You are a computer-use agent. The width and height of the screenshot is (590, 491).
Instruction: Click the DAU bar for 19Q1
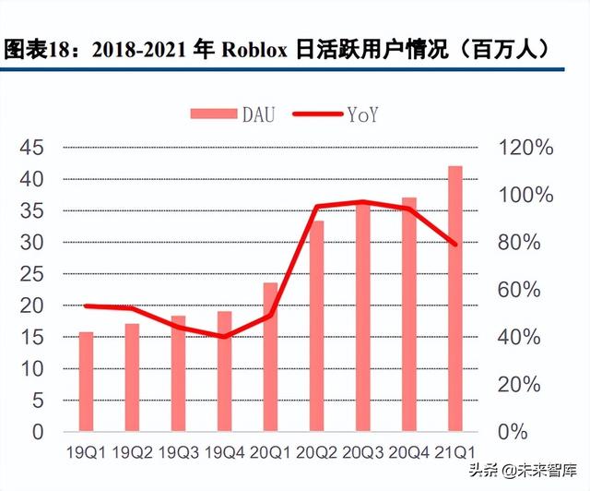[x=86, y=381]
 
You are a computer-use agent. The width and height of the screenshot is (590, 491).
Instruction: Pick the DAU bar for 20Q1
[x=270, y=356]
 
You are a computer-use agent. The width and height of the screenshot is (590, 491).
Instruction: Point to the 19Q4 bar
[x=224, y=371]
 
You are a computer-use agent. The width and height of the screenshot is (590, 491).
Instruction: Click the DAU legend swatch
[x=213, y=114]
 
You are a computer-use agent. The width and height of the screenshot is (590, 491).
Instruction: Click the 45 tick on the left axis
[x=32, y=148]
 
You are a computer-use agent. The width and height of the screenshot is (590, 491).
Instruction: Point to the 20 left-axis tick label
[x=32, y=305]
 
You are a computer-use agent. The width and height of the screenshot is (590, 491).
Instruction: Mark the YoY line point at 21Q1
[x=454, y=244]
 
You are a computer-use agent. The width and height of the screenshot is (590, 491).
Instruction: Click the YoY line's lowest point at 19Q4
[x=224, y=337]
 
